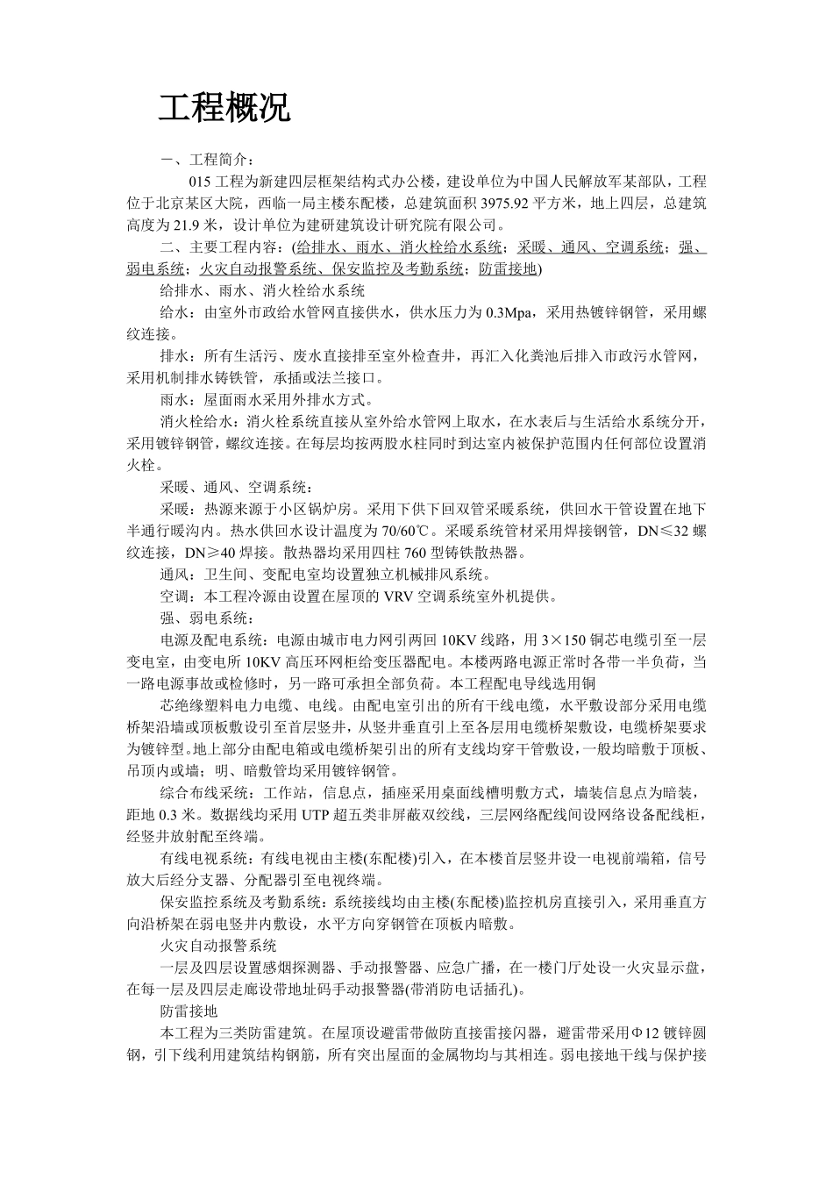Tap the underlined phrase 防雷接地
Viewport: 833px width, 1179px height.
coord(508,268)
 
